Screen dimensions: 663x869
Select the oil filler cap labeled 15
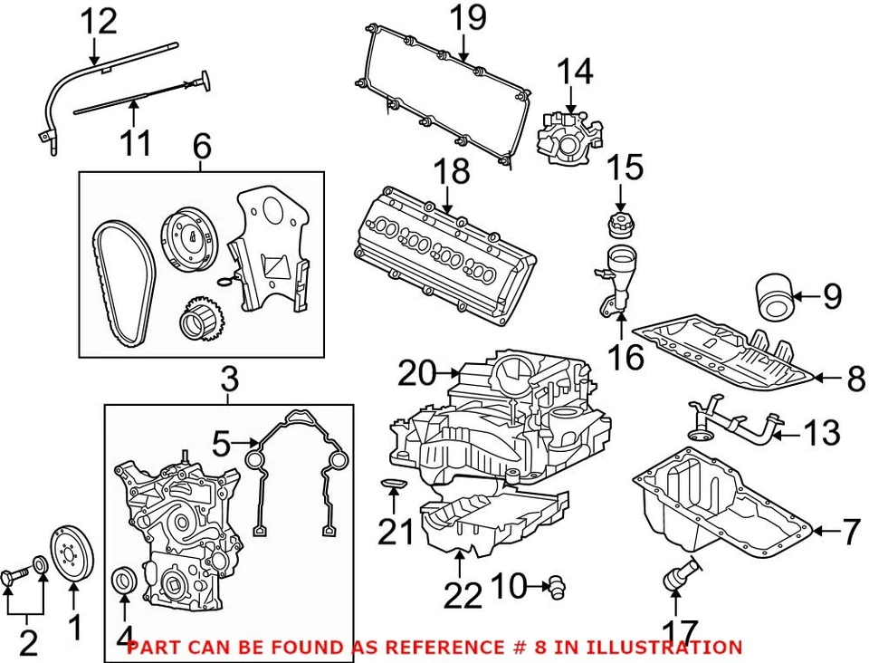pos(620,225)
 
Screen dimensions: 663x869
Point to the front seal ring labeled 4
pos(124,581)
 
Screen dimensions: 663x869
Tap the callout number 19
pos(469,17)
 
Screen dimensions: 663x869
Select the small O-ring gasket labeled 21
pos(393,490)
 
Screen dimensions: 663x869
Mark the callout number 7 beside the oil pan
pos(851,532)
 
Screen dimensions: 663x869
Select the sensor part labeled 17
pos(679,575)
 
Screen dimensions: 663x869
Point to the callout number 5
pos(221,444)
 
